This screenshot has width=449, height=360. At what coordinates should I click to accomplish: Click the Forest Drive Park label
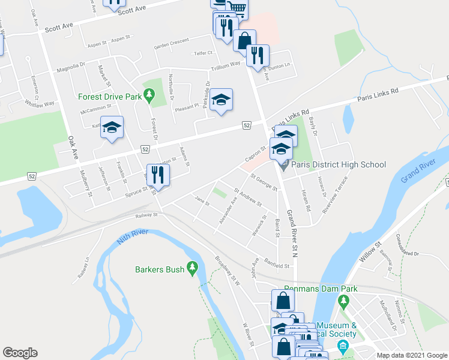point(109,96)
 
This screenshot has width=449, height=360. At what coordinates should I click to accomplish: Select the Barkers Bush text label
point(159,269)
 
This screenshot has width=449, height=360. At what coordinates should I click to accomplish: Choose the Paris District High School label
point(339,164)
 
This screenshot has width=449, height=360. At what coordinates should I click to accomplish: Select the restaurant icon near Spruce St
point(158,175)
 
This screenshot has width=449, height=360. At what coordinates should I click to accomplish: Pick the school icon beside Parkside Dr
point(221,100)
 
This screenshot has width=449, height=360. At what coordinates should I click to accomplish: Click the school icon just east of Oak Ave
point(112,128)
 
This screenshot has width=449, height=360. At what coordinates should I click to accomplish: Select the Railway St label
point(146,215)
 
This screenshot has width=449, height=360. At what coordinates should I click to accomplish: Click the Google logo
point(20,353)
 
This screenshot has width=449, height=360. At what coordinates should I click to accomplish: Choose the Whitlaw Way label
point(40,103)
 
